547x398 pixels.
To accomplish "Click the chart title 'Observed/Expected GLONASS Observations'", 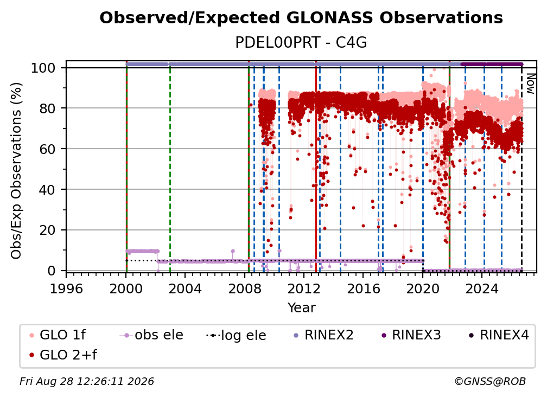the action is click(x=301, y=18).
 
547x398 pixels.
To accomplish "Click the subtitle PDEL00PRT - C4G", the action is click(x=301, y=43).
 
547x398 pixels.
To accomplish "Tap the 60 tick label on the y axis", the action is click(x=47, y=149).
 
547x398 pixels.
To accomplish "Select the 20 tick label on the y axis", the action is click(x=47, y=230).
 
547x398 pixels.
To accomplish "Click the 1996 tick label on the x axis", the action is click(x=66, y=288).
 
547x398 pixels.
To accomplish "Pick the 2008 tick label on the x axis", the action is click(x=244, y=288).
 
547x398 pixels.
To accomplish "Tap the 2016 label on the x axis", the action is click(x=363, y=288).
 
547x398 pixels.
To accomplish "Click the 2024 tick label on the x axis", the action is click(x=482, y=288).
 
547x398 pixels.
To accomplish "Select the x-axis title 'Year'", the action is click(x=301, y=308).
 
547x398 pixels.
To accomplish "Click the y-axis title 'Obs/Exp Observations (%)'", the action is click(x=16, y=171).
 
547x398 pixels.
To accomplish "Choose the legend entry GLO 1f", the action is click(x=58, y=335).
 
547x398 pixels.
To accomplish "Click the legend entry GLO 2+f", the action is click(x=63, y=355).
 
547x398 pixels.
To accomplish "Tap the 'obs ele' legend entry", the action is click(x=151, y=335).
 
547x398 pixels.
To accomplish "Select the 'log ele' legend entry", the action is click(x=236, y=335).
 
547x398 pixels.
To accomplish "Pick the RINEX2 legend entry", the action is click(x=323, y=335).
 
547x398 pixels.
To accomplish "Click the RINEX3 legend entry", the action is click(x=411, y=335).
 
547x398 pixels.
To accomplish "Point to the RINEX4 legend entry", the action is click(x=499, y=335).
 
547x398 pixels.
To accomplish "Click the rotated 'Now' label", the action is click(x=530, y=84).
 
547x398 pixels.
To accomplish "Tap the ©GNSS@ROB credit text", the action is click(x=490, y=381).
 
